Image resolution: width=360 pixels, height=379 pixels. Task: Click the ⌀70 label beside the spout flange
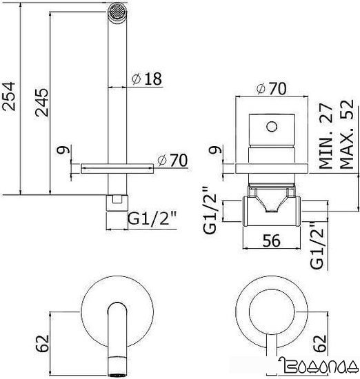pos(173,160)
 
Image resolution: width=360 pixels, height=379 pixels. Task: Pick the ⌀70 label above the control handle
pos(270,89)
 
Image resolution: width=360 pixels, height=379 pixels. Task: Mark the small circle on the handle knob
pos(271,125)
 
